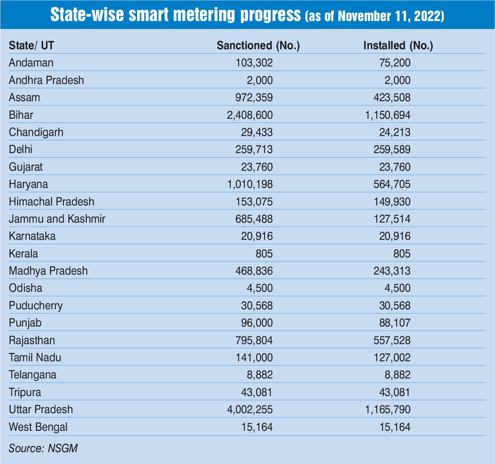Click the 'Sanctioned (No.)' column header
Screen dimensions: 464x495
coord(258,45)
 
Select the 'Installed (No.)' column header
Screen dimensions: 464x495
coord(398,45)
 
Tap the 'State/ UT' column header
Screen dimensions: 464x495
coord(31,45)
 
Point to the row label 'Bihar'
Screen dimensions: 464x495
coord(21,115)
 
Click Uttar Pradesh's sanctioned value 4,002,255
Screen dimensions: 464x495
coord(250,409)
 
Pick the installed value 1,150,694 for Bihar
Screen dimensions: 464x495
coord(388,115)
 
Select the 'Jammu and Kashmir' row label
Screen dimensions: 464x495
coord(57,219)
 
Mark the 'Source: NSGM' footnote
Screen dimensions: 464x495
coord(43,448)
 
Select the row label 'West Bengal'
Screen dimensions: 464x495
coord(38,427)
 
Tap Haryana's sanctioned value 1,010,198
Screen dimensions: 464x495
coord(250,184)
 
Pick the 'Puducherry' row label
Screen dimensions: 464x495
coord(36,306)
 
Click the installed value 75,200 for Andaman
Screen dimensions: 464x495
coord(394,63)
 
